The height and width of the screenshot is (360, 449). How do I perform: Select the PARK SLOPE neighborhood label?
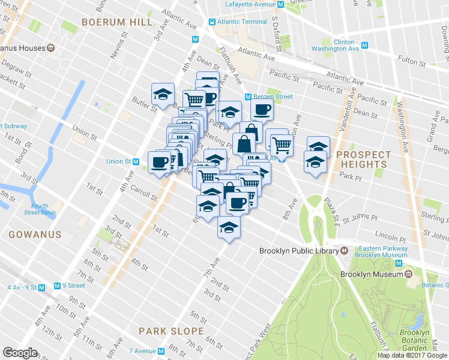click(171, 331)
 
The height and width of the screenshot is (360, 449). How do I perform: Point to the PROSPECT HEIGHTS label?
click(363, 159)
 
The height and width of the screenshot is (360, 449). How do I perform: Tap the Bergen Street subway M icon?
click(247, 97)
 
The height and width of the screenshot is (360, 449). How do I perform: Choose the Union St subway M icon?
click(136, 161)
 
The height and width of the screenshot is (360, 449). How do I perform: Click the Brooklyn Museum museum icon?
click(408, 274)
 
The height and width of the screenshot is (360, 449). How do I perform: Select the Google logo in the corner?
click(20, 353)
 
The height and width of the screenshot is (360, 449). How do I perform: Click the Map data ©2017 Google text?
click(412, 355)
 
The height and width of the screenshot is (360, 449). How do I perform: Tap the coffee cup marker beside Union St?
click(160, 162)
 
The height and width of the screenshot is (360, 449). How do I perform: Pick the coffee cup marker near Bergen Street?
click(261, 110)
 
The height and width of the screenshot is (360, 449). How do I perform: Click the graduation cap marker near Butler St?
click(163, 94)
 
